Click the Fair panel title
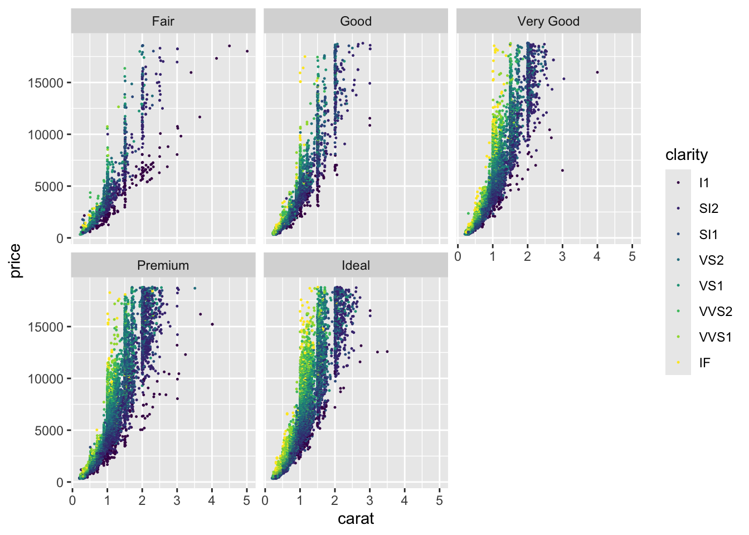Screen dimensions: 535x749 163,22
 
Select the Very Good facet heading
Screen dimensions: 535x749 548,22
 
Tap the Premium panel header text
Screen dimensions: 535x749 163,265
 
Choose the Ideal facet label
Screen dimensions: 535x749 356,265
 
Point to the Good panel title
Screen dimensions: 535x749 356,22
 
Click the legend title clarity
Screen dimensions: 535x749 687,155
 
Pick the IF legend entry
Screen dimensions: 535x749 704,363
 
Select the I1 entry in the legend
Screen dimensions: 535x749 704,183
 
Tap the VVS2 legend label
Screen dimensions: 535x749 716,312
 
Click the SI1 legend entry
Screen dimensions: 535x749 708,235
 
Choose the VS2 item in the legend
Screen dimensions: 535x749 711,260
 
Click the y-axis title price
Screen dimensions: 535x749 15,261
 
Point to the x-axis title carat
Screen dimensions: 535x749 356,519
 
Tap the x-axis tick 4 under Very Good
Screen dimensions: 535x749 597,256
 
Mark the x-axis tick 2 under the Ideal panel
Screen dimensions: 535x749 334,500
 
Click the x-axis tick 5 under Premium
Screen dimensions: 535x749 247,500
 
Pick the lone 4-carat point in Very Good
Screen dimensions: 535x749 597,72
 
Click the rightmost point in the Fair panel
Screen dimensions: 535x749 247,51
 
